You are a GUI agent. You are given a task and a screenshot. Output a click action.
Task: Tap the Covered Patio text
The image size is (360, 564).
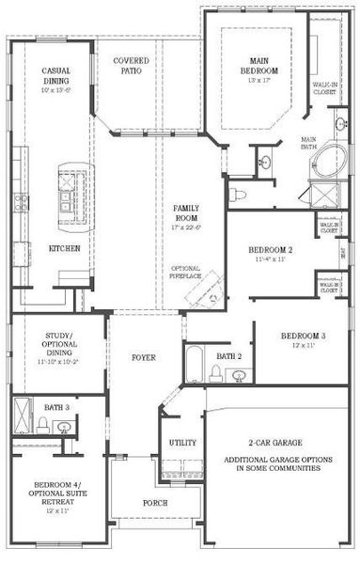(x=131, y=66)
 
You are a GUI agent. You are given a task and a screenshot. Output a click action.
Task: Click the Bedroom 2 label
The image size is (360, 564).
(x=272, y=249)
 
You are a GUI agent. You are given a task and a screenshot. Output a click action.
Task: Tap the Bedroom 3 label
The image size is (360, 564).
(x=303, y=336)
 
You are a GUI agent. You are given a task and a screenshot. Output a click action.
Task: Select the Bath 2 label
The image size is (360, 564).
(x=229, y=356)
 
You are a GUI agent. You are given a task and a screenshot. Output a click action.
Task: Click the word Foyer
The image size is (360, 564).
(x=143, y=358)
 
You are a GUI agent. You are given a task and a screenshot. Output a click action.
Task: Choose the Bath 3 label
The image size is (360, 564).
(x=54, y=406)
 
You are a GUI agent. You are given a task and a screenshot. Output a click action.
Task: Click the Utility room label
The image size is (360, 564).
(x=181, y=442)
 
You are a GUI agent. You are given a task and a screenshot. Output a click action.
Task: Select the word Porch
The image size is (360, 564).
(x=154, y=503)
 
